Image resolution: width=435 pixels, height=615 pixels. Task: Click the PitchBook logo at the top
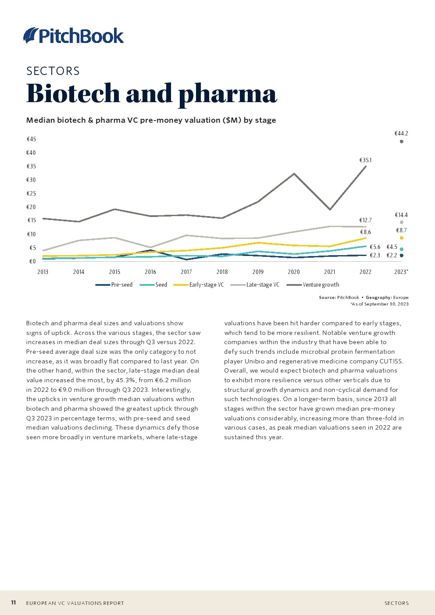(73, 36)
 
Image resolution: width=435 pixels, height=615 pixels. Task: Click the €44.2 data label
(401, 133)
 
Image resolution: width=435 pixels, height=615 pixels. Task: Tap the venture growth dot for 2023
(401, 142)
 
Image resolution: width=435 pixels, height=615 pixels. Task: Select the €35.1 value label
(365, 160)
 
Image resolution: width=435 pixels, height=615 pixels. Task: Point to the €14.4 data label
(401, 215)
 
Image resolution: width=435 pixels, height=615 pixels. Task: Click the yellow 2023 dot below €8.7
(401, 238)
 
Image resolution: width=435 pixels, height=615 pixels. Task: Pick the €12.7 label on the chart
(365, 220)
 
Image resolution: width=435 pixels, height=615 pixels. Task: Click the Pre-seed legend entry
(114, 285)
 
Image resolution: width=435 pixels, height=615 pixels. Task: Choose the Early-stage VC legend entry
(199, 285)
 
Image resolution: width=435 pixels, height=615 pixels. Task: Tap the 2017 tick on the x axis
(186, 272)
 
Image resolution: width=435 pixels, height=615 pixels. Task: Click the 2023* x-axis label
(401, 272)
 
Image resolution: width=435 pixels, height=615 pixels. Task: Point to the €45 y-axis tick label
(31, 139)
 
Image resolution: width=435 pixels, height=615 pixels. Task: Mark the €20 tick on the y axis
(31, 207)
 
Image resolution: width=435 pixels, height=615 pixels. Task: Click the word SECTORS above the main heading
(53, 71)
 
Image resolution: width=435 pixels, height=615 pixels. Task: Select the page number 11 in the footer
(13, 603)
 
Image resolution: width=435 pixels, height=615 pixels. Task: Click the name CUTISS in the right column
(391, 361)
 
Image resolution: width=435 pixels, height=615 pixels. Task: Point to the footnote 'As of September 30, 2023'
(379, 304)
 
